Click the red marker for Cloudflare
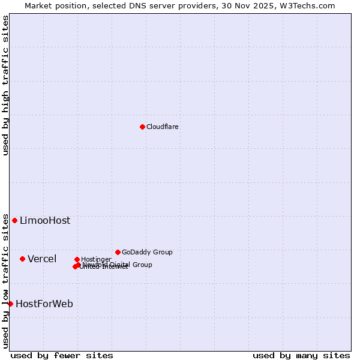click(x=142, y=127)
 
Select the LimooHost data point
click(x=15, y=220)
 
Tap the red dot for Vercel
click(x=23, y=259)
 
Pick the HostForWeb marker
click(x=11, y=304)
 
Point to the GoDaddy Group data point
click(x=118, y=252)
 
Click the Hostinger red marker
click(x=77, y=259)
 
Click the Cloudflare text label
click(x=163, y=127)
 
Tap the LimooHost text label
click(x=45, y=220)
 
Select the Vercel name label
click(x=42, y=259)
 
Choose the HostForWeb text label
click(x=44, y=304)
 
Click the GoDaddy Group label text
click(x=147, y=252)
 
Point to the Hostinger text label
click(x=96, y=259)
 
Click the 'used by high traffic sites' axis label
click(x=6, y=85)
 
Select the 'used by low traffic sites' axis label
click(x=6, y=280)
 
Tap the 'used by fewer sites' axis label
click(x=62, y=355)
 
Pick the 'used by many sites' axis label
click(x=301, y=355)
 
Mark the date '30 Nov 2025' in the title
click(x=247, y=5)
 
